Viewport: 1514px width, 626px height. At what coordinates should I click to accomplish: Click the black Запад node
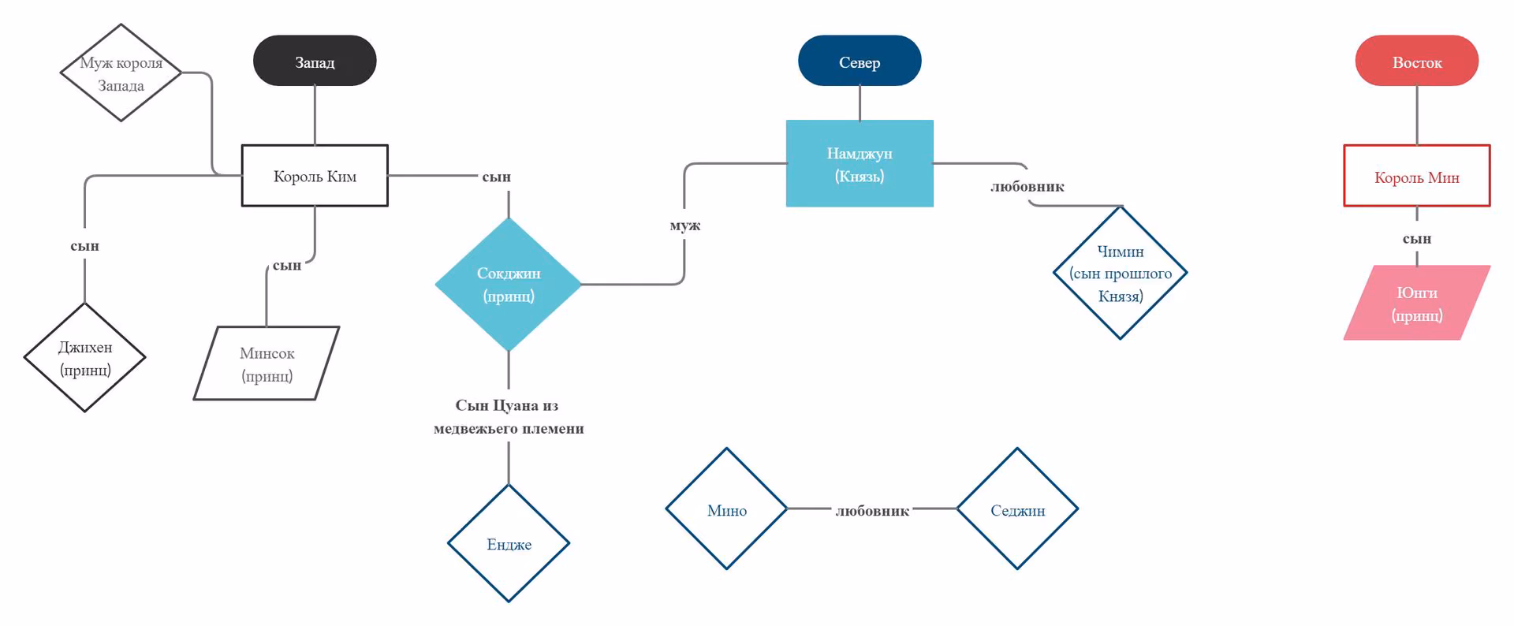coord(315,61)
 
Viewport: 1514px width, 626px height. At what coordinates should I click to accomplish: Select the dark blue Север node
coord(860,61)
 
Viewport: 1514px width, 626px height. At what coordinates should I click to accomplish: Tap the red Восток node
coord(1417,61)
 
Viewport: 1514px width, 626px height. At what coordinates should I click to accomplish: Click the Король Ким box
coord(315,176)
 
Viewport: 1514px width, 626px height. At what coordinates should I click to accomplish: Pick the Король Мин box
coord(1417,176)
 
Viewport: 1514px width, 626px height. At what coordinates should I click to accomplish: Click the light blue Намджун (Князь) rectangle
coord(860,163)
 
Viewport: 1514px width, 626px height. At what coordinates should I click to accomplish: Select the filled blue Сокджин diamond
coord(509,284)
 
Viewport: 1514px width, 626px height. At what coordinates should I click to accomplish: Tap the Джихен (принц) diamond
coord(85,357)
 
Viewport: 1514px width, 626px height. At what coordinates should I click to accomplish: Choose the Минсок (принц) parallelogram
coord(267,363)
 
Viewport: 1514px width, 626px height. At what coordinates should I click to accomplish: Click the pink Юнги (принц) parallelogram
coord(1417,303)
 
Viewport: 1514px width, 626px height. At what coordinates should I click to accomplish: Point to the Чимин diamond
coord(1121,273)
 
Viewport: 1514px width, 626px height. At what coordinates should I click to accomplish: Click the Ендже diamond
coord(509,543)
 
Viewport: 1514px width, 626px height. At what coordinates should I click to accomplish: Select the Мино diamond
coord(727,509)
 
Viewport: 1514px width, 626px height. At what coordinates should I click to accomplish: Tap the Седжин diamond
coord(1017,509)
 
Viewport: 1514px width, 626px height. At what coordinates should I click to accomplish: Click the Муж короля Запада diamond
coord(121,73)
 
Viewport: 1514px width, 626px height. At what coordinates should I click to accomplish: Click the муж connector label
coord(684,225)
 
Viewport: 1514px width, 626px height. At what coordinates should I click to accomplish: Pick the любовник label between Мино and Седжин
coord(872,511)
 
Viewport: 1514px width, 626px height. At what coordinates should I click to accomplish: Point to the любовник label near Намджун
coord(1027,187)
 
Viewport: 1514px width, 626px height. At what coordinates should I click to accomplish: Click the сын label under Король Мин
coord(1417,238)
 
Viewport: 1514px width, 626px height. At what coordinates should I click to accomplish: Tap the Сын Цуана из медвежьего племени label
coord(509,416)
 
